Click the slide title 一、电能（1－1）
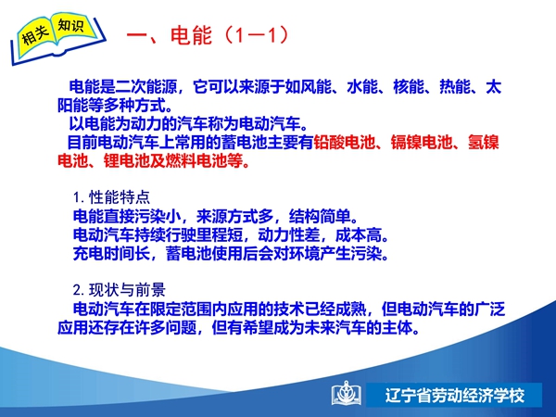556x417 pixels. [x=208, y=35]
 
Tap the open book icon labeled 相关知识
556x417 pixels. [x=58, y=38]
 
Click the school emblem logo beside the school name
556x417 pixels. [x=346, y=394]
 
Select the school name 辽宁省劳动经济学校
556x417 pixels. [x=455, y=396]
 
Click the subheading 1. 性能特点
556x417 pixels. [x=112, y=197]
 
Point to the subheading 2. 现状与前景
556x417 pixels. [x=120, y=290]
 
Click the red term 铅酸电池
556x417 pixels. [x=345, y=142]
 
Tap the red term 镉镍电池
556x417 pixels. [x=422, y=142]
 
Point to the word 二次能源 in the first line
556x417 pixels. [x=145, y=87]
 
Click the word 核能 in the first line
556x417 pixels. [x=409, y=87]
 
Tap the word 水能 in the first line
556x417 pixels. [x=362, y=87]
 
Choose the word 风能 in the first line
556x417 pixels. [x=316, y=87]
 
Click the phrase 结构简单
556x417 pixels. [x=320, y=216]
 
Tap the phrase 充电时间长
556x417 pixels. [x=112, y=253]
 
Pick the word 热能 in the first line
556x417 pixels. [x=455, y=87]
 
